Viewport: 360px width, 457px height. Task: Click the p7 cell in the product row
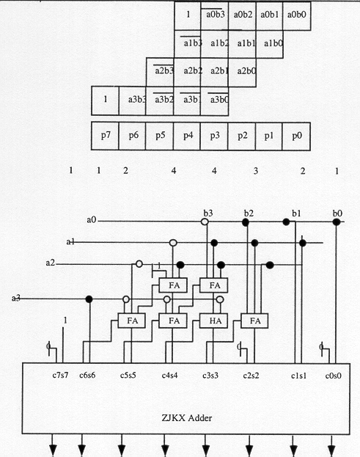pyautogui.click(x=105, y=136)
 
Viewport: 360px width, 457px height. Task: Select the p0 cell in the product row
pyautogui.click(x=296, y=136)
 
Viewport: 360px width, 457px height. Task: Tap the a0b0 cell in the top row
pyautogui.click(x=296, y=15)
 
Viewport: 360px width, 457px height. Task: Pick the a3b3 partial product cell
pyautogui.click(x=132, y=100)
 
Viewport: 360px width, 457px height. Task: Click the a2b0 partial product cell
pyautogui.click(x=243, y=72)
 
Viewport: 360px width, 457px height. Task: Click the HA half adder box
pyautogui.click(x=214, y=321)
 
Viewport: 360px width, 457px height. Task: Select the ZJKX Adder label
pyautogui.click(x=187, y=418)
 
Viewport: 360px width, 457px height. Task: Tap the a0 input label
pyautogui.click(x=91, y=219)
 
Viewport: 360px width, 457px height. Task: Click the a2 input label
pyautogui.click(x=50, y=263)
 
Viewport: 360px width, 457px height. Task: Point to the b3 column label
pyautogui.click(x=208, y=213)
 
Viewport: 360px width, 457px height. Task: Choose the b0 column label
pyautogui.click(x=337, y=213)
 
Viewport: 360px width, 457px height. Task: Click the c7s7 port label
pyautogui.click(x=60, y=375)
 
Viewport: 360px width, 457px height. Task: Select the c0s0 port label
pyautogui.click(x=333, y=376)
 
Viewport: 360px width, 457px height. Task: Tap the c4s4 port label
pyautogui.click(x=169, y=376)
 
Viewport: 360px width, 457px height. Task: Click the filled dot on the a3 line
pyautogui.click(x=89, y=299)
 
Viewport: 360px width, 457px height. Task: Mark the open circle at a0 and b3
pyautogui.click(x=205, y=222)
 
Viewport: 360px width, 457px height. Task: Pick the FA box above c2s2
pyautogui.click(x=254, y=321)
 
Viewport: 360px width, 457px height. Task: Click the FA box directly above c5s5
pyautogui.click(x=132, y=321)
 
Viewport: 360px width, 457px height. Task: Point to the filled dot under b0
pyautogui.click(x=337, y=222)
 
